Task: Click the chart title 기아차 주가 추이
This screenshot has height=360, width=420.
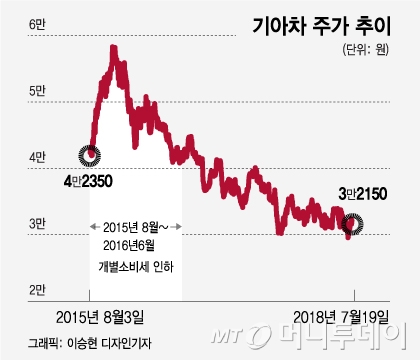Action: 321,27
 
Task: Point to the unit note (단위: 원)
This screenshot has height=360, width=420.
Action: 366,50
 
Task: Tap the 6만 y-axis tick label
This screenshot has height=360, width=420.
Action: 37,24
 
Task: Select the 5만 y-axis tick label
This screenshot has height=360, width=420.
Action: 37,91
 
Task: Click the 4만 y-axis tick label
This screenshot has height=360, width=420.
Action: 37,157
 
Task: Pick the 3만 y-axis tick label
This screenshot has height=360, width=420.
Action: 37,223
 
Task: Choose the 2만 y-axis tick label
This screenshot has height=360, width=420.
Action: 37,290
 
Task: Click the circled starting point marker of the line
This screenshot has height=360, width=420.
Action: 89,155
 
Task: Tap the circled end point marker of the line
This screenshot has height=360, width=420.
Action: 352,224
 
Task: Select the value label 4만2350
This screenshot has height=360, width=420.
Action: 88,181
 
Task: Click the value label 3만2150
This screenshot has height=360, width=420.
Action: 363,194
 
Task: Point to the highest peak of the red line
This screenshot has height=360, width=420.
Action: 114,48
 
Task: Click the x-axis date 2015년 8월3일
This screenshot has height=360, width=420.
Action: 100,317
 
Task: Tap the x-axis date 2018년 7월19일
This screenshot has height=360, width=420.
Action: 341,317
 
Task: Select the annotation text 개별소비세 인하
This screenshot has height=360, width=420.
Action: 136,267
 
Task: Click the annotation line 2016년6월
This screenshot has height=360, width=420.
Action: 129,246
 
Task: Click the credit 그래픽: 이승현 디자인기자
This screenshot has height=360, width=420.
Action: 90,343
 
